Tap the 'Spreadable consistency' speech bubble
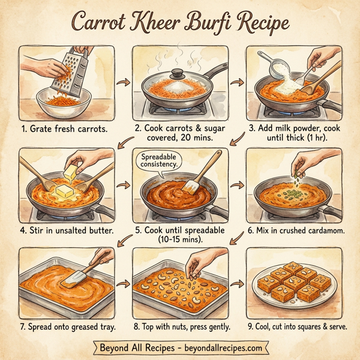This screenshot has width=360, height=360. (160, 161)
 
